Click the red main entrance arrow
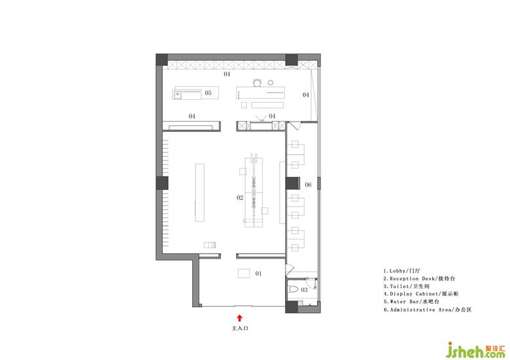[x=239, y=318]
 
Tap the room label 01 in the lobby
[x=258, y=274]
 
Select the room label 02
[x=240, y=197]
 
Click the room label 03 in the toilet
[x=304, y=289]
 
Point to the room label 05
[x=208, y=93]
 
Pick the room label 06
[x=308, y=185]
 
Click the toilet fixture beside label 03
[x=294, y=289]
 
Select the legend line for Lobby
[x=402, y=270]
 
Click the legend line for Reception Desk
[x=419, y=278]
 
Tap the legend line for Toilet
[x=407, y=286]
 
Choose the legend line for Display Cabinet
[x=421, y=294]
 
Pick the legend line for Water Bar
[x=411, y=301]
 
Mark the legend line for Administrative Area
[x=428, y=310]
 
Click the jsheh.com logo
[x=475, y=350]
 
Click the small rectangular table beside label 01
[x=244, y=273]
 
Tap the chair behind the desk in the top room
[x=257, y=83]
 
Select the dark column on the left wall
[x=162, y=183]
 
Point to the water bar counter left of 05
[x=187, y=93]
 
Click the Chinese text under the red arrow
[x=240, y=329]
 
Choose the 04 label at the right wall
[x=306, y=95]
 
